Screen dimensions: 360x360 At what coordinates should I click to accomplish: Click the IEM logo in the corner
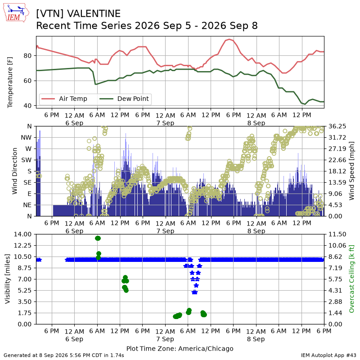click(x=16, y=13)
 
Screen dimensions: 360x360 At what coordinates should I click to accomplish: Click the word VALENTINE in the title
click(x=94, y=14)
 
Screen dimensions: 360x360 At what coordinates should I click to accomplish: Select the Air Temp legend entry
click(x=64, y=99)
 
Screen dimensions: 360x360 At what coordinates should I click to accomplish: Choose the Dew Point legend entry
click(x=124, y=99)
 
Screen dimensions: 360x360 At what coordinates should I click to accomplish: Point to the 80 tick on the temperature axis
click(x=27, y=56)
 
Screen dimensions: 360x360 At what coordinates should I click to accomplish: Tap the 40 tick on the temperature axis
click(x=27, y=106)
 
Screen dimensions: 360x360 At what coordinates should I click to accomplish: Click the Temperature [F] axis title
click(x=10, y=82)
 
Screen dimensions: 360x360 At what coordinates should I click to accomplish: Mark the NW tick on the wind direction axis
click(x=26, y=138)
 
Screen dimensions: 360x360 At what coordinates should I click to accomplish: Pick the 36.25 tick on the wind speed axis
click(x=337, y=126)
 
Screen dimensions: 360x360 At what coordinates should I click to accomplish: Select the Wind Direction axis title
click(x=15, y=171)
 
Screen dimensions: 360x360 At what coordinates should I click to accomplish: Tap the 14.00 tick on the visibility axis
click(x=22, y=234)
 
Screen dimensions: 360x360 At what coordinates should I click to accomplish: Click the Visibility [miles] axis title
click(x=8, y=279)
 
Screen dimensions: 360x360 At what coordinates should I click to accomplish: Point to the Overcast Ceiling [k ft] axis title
click(x=351, y=279)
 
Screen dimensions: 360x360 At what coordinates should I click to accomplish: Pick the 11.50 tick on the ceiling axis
click(x=337, y=234)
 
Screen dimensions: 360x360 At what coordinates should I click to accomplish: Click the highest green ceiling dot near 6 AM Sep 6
click(x=98, y=238)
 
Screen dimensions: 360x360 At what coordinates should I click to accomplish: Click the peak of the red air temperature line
click(x=229, y=39)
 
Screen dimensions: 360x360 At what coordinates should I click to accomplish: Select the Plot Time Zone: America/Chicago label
click(x=180, y=348)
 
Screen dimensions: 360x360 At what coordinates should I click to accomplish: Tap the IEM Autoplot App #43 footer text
click(x=328, y=355)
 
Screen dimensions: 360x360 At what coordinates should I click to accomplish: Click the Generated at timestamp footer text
click(x=64, y=355)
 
